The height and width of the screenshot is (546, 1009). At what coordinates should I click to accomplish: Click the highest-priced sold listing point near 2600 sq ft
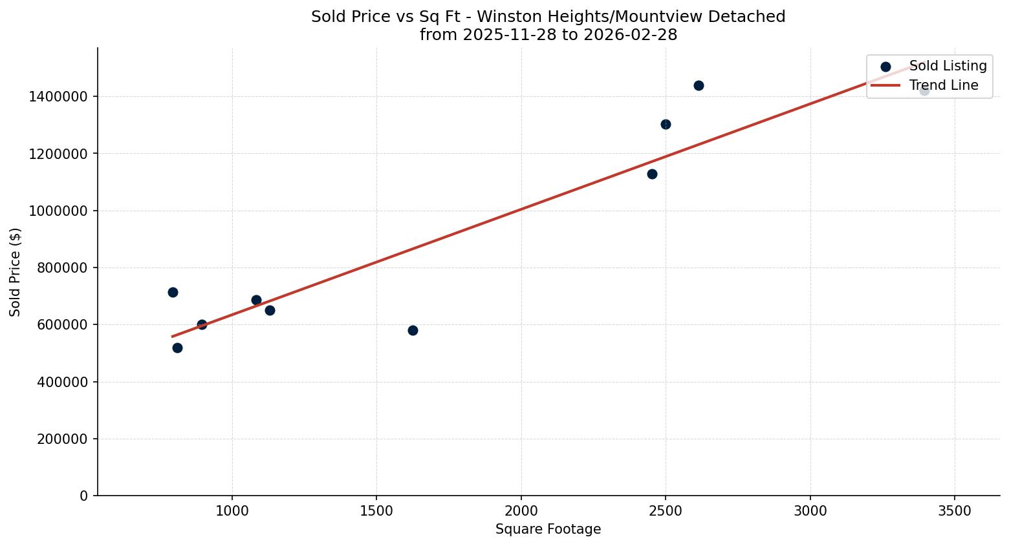tap(699, 85)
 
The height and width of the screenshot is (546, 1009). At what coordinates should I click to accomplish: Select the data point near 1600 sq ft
tap(413, 330)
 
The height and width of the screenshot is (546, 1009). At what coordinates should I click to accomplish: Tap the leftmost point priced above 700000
tap(173, 292)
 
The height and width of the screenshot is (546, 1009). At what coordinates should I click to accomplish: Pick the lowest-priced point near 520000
tap(177, 348)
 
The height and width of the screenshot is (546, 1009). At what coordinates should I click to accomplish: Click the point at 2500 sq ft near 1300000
tap(666, 124)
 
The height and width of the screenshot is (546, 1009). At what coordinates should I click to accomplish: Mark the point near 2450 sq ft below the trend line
tap(652, 174)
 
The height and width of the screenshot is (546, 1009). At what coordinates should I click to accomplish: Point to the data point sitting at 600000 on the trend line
tap(202, 324)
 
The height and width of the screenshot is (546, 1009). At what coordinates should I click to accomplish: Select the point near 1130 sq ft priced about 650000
tap(270, 310)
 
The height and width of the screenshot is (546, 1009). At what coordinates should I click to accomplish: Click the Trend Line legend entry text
tap(944, 85)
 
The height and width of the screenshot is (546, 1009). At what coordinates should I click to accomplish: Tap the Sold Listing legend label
tap(948, 66)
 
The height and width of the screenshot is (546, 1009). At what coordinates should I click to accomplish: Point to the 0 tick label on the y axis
tap(83, 496)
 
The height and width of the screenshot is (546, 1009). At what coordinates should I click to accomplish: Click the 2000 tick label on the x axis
tap(521, 510)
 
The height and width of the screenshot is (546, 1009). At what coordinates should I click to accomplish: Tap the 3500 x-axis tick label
tap(955, 510)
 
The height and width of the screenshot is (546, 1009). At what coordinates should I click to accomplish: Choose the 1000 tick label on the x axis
tap(232, 510)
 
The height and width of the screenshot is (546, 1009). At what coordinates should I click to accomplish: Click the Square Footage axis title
tap(548, 529)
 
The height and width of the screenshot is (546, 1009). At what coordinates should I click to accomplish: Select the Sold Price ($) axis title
tap(15, 272)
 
